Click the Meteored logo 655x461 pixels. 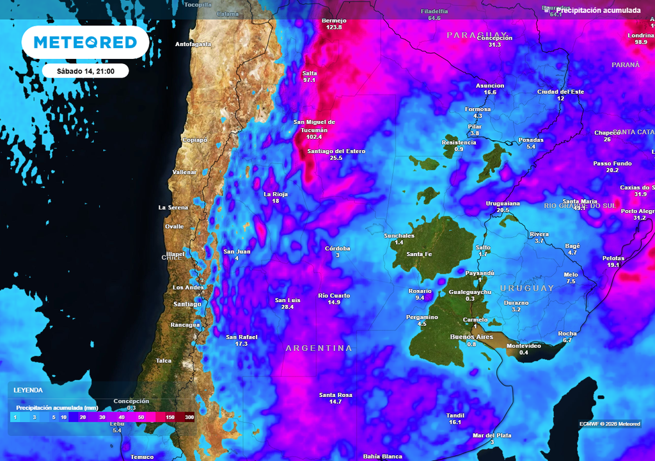coord(85,42)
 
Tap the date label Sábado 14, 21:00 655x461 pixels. coord(86,71)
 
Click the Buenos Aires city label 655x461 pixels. coord(471,337)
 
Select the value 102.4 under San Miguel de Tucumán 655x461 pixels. coord(314,137)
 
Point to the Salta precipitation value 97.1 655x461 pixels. coord(310,80)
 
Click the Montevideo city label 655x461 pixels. coord(524,346)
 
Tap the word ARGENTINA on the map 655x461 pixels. coord(319,348)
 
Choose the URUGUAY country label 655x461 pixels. coord(526,288)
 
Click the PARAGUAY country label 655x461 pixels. coord(477,35)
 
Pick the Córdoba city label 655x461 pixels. coord(337,248)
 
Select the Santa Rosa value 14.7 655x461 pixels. coord(336,401)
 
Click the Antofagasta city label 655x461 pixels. coord(193,44)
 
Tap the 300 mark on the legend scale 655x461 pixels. coord(189,417)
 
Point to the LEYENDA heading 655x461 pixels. coord(28,390)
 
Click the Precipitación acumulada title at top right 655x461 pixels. coord(598,10)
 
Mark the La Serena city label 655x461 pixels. coord(173,207)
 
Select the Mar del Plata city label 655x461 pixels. coord(492,435)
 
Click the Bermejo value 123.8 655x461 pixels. coord(334,28)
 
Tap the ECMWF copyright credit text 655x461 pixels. coord(610,424)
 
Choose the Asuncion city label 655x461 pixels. coord(490,86)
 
